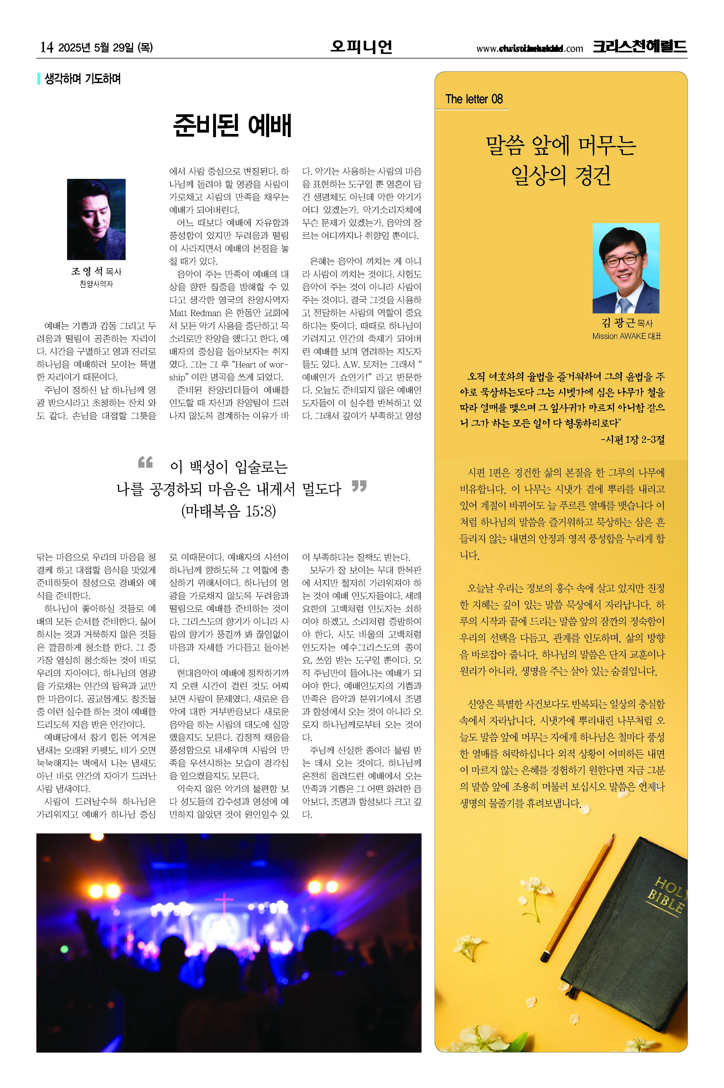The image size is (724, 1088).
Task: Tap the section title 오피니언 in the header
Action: pos(361,47)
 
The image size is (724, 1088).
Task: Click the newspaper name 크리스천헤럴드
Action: pos(640,47)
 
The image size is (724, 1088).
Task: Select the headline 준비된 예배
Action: pos(232,125)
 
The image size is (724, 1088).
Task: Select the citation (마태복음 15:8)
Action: pos(229,511)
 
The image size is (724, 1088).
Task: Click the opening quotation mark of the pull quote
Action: pos(145,462)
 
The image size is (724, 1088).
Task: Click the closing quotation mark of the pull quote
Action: pos(359,486)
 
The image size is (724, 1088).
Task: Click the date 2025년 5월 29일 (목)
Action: pos(105,47)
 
